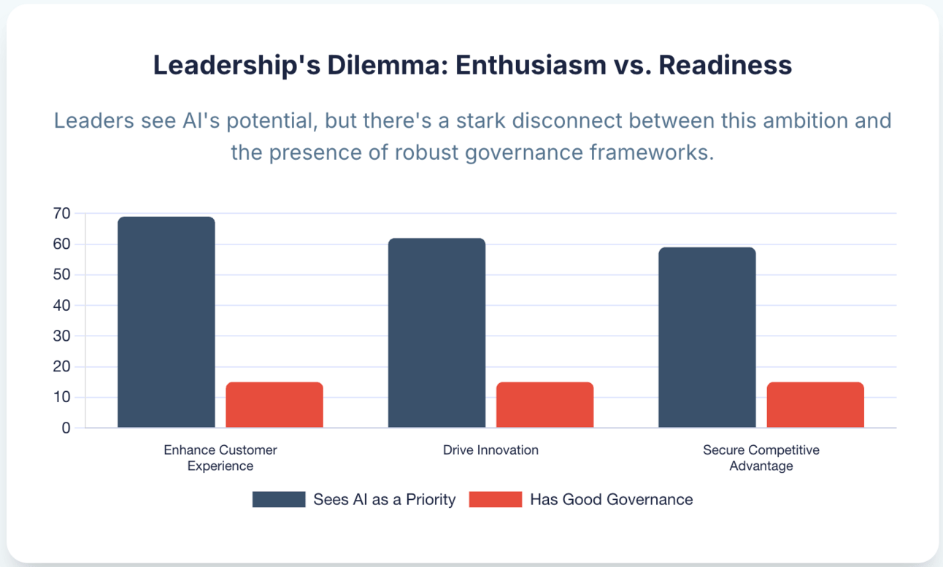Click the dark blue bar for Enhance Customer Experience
[166, 322]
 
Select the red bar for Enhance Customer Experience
[274, 405]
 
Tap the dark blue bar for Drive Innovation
[436, 333]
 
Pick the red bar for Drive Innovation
[544, 405]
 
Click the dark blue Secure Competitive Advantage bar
[707, 337]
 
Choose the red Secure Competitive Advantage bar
[815, 405]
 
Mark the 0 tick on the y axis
[66, 428]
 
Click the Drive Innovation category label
[490, 450]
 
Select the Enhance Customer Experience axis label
[220, 458]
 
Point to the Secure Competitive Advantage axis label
[761, 458]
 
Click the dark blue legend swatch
[279, 499]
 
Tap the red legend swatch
[496, 499]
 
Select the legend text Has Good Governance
[611, 499]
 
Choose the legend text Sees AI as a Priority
[385, 499]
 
